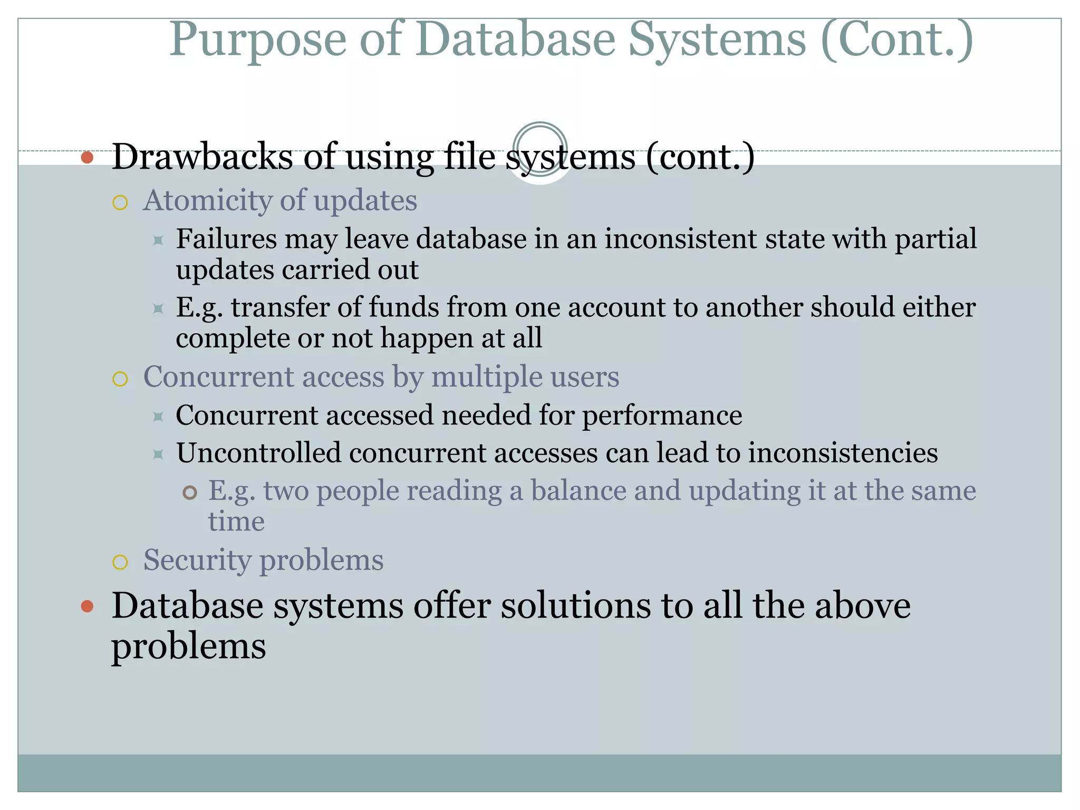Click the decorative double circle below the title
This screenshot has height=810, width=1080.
(x=539, y=149)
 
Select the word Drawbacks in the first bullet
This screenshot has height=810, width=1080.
(x=202, y=157)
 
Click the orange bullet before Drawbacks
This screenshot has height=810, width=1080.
(x=88, y=157)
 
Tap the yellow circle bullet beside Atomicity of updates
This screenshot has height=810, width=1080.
(x=120, y=203)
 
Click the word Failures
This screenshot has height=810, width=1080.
(x=226, y=239)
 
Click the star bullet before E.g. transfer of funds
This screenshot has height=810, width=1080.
(x=158, y=308)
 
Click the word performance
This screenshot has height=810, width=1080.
(x=662, y=416)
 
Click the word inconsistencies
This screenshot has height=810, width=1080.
(x=843, y=453)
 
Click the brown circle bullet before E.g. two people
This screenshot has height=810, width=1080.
(x=190, y=493)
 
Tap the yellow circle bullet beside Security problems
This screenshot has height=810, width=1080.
(x=120, y=562)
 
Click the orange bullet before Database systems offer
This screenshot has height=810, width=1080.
(x=88, y=606)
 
